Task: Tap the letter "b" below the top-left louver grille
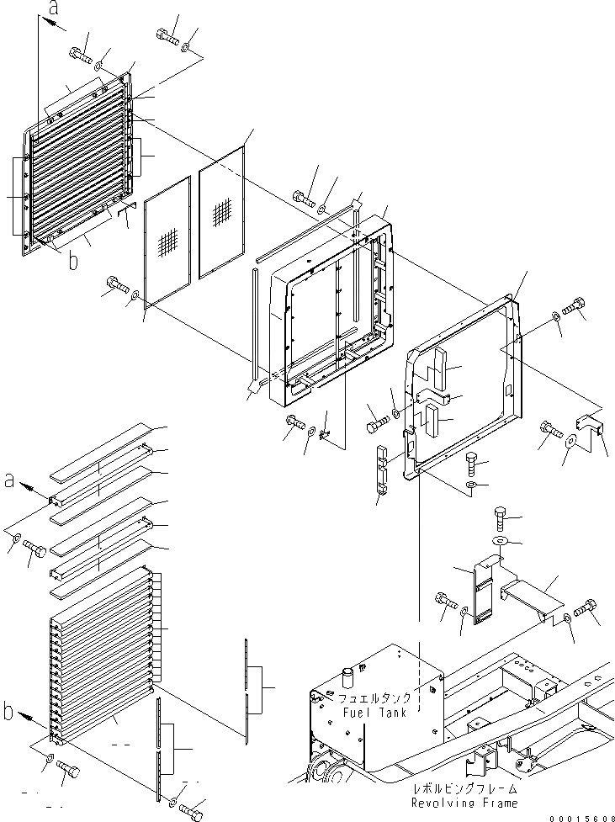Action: (73, 260)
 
